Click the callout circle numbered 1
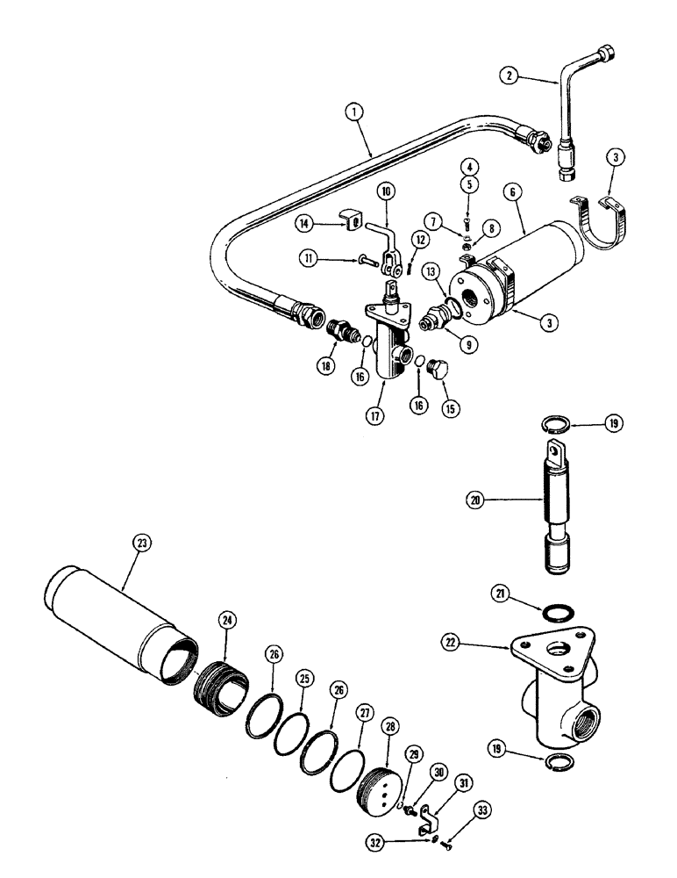(354, 112)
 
